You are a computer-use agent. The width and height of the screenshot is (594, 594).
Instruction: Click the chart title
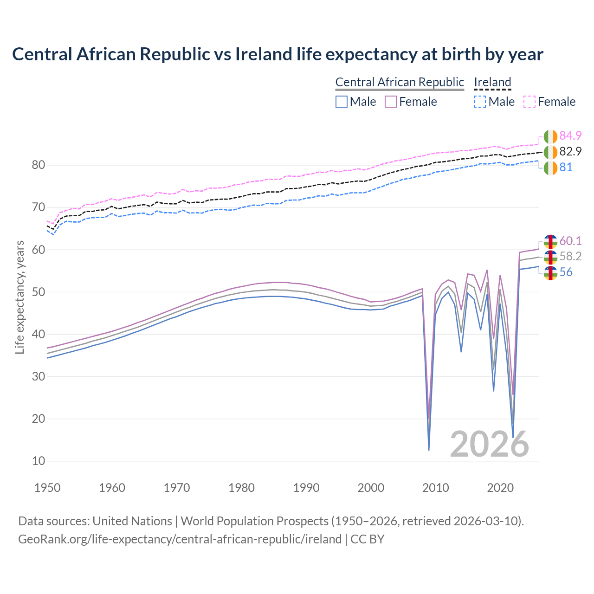click(278, 54)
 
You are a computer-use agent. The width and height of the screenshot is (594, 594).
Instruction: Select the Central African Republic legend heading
click(400, 82)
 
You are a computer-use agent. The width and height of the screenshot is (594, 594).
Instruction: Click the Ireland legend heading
click(492, 82)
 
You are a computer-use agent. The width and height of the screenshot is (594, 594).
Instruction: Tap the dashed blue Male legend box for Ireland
click(480, 102)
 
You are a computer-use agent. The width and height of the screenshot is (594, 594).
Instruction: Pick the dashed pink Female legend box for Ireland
click(529, 102)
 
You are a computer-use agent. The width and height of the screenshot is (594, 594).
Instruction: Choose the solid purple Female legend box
click(391, 102)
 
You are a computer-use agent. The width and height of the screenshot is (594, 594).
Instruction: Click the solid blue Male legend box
click(342, 102)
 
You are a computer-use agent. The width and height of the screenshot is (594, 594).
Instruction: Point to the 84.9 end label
click(570, 136)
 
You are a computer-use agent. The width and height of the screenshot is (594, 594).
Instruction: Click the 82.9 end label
click(570, 151)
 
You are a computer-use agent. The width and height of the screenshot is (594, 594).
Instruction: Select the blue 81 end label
click(566, 167)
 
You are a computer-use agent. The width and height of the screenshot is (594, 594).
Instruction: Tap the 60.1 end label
click(570, 241)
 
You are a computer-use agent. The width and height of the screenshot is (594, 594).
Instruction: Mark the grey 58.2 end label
click(570, 257)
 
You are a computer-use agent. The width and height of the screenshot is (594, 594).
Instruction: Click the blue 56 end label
click(566, 272)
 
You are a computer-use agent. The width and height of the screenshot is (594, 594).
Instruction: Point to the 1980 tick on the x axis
click(242, 488)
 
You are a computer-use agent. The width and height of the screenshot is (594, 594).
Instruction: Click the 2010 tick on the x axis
click(436, 488)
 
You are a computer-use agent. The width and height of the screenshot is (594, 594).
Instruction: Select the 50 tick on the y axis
click(39, 292)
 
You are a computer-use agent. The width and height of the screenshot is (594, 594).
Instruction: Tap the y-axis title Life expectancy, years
click(20, 297)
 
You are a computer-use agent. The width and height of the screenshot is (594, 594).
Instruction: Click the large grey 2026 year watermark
click(490, 444)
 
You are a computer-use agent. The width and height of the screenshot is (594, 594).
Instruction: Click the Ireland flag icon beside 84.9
click(550, 136)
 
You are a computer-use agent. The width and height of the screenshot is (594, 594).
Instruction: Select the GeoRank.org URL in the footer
click(180, 539)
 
